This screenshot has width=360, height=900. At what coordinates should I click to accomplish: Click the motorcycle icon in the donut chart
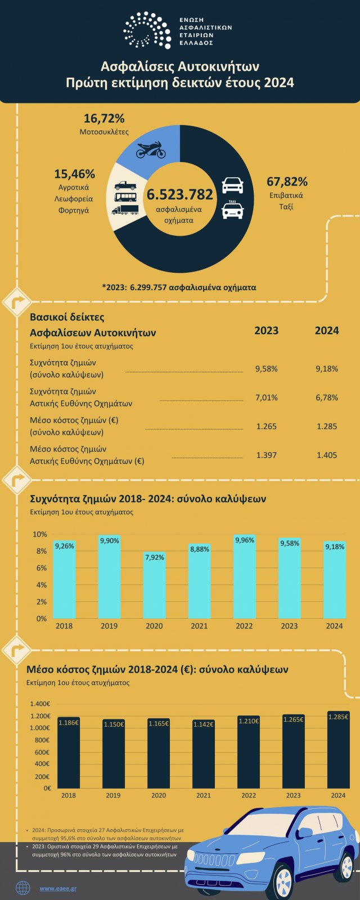coord(151,150)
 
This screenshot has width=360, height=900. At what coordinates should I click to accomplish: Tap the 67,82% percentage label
coord(287,182)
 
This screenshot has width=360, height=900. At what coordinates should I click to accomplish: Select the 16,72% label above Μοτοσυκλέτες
coord(104,119)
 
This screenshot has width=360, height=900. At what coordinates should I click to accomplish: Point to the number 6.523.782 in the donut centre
coord(180,195)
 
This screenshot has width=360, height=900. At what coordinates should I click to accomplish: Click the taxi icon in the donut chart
coord(233,210)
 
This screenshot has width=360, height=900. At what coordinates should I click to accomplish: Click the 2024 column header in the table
coord(327,330)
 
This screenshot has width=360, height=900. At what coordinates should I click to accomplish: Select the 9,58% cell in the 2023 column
coord(266,369)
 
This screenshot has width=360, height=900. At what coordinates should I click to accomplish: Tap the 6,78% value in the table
coord(327,398)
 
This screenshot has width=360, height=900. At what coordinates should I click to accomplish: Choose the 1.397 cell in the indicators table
coord(266,455)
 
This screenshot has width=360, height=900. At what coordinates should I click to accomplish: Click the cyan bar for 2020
coord(154,585)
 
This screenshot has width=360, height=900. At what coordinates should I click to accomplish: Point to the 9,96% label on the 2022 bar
coord(244,540)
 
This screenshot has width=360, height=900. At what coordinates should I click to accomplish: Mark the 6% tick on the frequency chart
coord(42,568)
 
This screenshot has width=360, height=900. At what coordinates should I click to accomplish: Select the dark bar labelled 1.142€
coord(204,754)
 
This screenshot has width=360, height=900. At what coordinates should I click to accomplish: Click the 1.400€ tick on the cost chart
coord(40,704)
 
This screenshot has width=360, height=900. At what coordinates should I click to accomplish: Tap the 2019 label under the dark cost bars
coord(114,795)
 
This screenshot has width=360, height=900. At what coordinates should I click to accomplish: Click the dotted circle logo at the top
coord(147,30)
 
